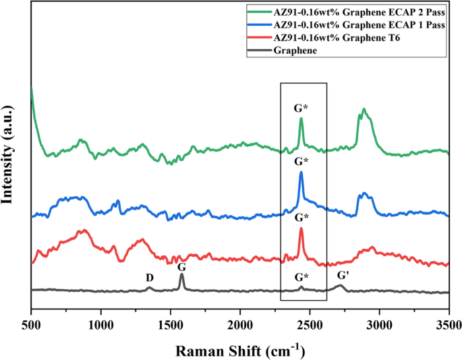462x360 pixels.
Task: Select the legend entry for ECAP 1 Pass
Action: pyautogui.click(x=357, y=26)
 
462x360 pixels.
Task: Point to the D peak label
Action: pyautogui.click(x=150, y=278)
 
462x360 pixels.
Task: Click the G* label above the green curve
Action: pyautogui.click(x=301, y=107)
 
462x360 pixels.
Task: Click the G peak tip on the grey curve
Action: pyautogui.click(x=181, y=274)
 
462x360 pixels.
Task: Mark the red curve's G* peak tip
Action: pyautogui.click(x=301, y=229)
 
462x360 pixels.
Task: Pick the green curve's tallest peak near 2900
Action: pyautogui.click(x=364, y=109)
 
